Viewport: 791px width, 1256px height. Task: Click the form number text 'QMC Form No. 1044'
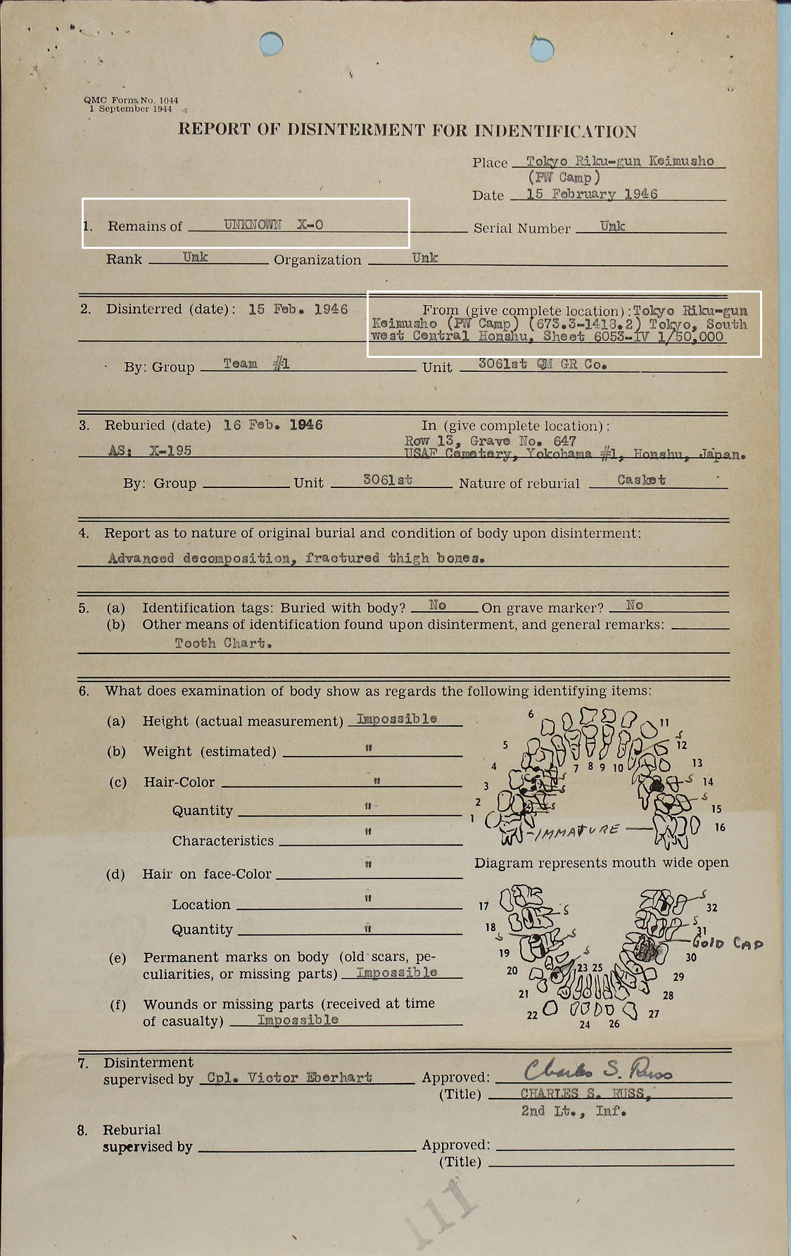[131, 100]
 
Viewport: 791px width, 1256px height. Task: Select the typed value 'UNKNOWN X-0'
[273, 225]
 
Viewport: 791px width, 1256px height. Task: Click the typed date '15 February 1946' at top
[591, 194]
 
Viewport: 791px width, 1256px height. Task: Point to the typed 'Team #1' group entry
[256, 364]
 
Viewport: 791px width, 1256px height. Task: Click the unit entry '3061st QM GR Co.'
[542, 364]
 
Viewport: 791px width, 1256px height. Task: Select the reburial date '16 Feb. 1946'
[273, 425]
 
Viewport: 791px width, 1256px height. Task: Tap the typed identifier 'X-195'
[170, 450]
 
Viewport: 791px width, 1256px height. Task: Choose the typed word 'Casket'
[641, 480]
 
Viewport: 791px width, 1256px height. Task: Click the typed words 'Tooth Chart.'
[223, 643]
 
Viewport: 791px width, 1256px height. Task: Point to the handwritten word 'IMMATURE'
[577, 831]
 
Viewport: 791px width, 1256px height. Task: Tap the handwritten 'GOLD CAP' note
[728, 943]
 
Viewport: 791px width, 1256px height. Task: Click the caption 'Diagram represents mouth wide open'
[601, 862]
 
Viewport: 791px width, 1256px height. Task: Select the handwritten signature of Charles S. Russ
[598, 1070]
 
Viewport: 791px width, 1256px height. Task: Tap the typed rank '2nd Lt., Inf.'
[573, 1111]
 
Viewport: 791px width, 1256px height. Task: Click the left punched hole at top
[270, 44]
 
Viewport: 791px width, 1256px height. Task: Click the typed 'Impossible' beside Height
[396, 719]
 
